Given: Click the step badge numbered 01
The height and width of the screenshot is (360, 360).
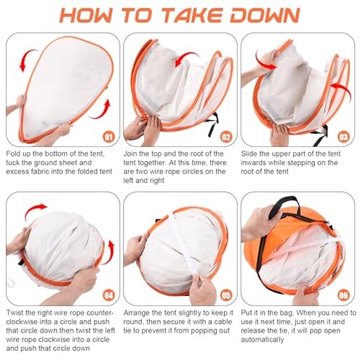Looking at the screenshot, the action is [x=109, y=137].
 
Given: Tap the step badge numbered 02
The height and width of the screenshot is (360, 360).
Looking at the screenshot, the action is [x=226, y=137].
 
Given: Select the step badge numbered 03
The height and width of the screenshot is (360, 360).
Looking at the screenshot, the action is [x=343, y=137].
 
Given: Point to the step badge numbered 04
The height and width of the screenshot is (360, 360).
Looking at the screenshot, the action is [x=109, y=295].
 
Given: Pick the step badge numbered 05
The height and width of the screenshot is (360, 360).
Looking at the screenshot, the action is [x=226, y=295].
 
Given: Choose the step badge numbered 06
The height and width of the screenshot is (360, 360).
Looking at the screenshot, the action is [x=343, y=295].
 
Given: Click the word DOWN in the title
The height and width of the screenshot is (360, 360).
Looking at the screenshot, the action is [x=265, y=15].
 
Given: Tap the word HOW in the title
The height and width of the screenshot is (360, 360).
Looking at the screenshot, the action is [x=87, y=15].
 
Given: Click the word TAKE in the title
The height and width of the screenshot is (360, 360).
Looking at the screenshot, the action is [x=192, y=15].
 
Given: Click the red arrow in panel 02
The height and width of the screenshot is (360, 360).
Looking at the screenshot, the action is [x=185, y=57].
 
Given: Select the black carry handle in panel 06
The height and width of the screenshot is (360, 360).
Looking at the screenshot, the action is [x=281, y=206].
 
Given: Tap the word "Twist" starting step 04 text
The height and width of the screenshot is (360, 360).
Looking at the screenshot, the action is [x=15, y=313].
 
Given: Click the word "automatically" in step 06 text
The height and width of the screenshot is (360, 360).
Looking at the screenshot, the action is [x=262, y=340].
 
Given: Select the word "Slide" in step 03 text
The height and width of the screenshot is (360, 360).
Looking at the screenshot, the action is [x=249, y=153].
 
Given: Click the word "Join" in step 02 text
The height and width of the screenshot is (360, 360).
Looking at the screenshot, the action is [x=130, y=153].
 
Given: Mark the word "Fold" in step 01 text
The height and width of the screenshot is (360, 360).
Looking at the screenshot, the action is [x=13, y=153].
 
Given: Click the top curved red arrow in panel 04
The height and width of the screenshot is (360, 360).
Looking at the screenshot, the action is [x=35, y=209].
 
